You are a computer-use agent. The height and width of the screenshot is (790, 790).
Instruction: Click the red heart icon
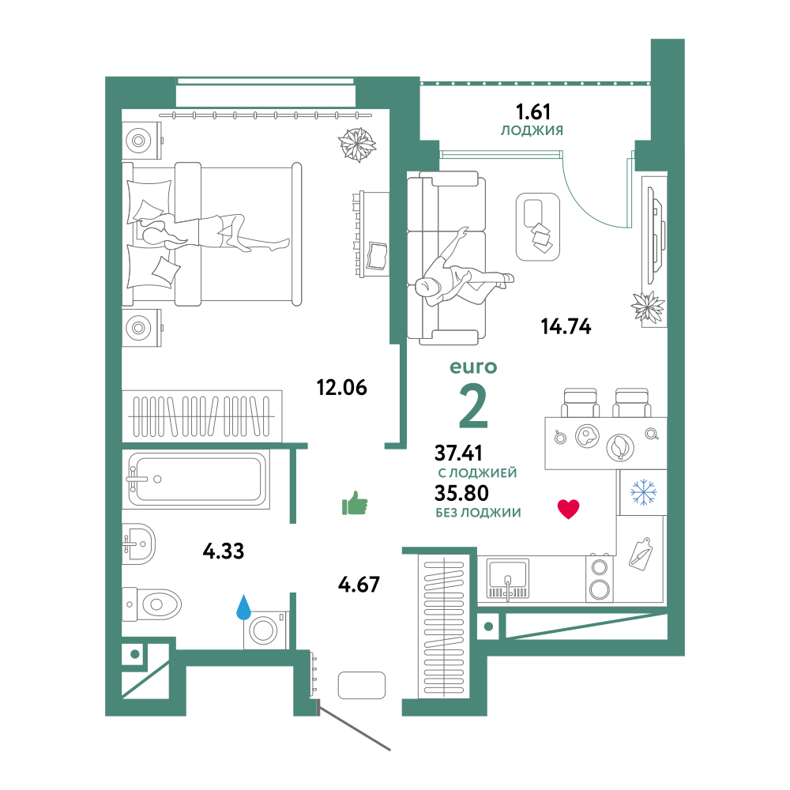(568, 509)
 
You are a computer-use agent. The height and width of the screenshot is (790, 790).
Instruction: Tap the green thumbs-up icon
(355, 502)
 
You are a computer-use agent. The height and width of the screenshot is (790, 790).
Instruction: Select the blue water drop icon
(244, 607)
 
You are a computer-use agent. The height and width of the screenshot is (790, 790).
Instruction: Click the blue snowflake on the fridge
(643, 492)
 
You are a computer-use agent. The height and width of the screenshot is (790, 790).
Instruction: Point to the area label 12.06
(341, 387)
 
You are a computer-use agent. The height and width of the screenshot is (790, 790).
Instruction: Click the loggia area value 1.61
(533, 111)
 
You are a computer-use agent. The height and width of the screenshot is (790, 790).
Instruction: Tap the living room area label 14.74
(566, 326)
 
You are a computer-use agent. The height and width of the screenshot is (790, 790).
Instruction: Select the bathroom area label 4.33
(224, 551)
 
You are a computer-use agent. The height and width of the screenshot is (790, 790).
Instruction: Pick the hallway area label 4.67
(359, 585)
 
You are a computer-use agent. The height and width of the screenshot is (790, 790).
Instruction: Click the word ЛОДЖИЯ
(532, 130)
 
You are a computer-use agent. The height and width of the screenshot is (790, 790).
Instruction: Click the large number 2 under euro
(473, 406)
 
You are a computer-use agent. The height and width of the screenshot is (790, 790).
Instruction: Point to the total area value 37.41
(458, 453)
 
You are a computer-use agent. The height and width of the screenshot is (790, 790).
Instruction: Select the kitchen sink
(508, 578)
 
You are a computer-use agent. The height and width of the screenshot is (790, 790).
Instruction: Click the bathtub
(197, 480)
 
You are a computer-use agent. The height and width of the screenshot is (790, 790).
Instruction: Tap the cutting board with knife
(641, 554)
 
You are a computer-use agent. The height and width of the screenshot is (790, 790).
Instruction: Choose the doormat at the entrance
(362, 685)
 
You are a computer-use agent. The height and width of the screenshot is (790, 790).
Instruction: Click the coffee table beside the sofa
(538, 227)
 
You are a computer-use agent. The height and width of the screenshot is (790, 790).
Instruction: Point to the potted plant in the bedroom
(357, 145)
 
